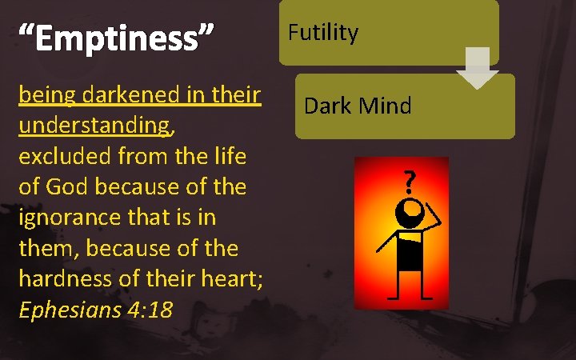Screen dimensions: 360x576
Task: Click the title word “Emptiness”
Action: (x=117, y=38)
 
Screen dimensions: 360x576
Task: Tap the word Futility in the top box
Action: (x=322, y=33)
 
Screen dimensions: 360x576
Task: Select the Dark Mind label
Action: (x=358, y=106)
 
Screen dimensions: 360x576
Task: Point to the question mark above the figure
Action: (x=409, y=186)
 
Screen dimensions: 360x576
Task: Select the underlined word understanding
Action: (x=93, y=126)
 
